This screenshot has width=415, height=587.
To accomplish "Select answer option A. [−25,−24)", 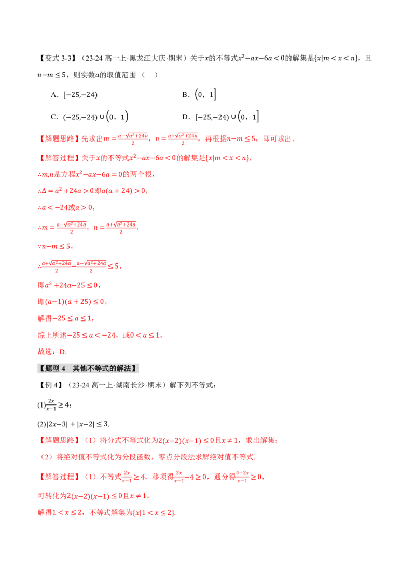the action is (74, 95).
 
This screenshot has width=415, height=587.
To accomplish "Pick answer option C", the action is (90, 117).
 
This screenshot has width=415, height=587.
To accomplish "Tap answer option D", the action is (220, 117).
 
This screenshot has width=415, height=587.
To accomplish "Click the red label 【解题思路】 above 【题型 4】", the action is (59, 139).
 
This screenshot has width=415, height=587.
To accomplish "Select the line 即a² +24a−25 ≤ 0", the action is (69, 285).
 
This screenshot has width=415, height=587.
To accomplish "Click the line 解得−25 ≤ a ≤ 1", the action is (65, 318).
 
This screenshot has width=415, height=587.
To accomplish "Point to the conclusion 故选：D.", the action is (52, 352).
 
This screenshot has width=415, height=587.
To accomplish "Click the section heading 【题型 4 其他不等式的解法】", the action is (88, 368).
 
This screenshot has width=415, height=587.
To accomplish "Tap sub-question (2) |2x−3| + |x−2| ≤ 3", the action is (74, 424).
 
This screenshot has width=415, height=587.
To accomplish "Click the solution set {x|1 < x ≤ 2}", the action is (154, 512).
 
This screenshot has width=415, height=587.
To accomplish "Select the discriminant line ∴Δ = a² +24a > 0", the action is (66, 190).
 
